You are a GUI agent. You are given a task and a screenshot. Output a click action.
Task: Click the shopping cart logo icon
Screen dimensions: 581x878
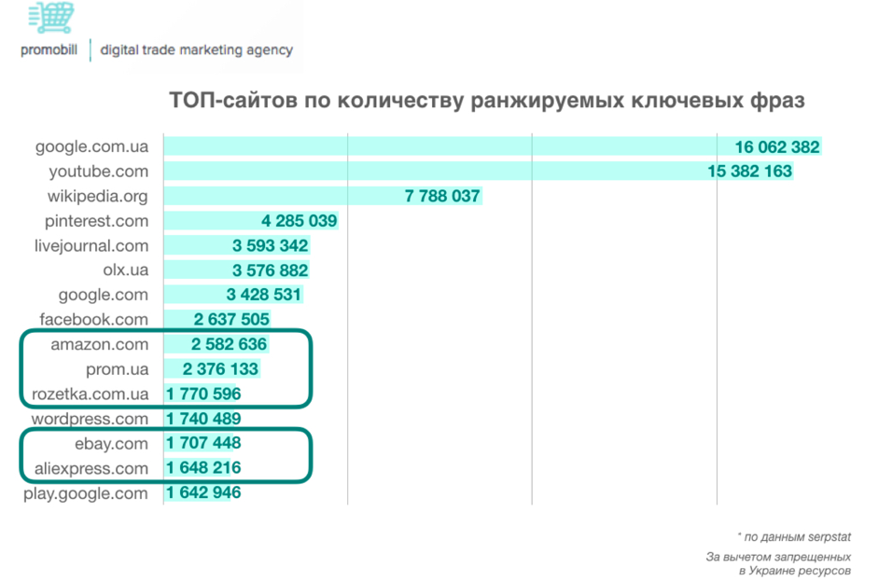[x=51, y=17]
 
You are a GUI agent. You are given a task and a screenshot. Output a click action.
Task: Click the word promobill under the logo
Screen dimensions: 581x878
[x=50, y=50]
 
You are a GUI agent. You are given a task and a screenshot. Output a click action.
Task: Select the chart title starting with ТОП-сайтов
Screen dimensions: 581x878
[x=486, y=100]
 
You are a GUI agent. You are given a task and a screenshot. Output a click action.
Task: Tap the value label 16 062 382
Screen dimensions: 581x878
[x=776, y=146]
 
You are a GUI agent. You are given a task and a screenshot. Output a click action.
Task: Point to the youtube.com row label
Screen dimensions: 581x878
[x=98, y=172]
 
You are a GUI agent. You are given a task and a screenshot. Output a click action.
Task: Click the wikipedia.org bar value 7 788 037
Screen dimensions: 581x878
[x=442, y=197]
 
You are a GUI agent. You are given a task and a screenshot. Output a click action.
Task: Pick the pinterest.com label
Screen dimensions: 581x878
[x=96, y=221]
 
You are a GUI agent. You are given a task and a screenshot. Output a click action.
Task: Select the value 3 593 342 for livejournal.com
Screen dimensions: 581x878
[x=269, y=246]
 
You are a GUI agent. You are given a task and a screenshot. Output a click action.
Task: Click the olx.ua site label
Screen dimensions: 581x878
[x=125, y=270]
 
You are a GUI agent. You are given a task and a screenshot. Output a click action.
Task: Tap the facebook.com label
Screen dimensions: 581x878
[x=93, y=320]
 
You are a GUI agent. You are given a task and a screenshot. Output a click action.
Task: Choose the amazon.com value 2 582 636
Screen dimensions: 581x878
[x=229, y=344]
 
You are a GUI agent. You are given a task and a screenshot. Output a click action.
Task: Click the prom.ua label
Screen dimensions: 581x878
[x=117, y=369]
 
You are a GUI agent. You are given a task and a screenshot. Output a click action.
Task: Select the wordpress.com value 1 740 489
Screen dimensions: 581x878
[x=203, y=419]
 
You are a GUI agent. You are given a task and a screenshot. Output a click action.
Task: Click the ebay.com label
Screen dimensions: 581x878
[x=111, y=443]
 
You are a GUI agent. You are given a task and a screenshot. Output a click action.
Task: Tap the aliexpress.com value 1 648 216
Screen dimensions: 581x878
[x=203, y=468]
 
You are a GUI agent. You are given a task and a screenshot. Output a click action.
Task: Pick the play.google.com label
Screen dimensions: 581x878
[x=86, y=493]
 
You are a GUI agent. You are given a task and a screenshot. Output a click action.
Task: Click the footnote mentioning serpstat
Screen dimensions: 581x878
[x=794, y=536]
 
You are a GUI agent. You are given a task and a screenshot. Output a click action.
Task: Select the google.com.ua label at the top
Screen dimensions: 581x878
[x=91, y=146]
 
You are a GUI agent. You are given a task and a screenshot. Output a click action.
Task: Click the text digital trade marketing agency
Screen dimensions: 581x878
[x=197, y=50]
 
